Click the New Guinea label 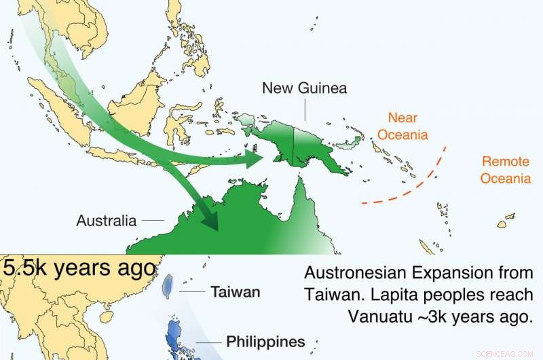[x=305, y=88]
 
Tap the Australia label [x=107, y=221]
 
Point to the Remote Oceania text [x=506, y=170]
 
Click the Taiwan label [x=236, y=292]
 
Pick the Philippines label [x=265, y=341]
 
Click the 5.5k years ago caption [x=79, y=267]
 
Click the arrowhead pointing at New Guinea [x=255, y=158]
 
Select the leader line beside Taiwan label [x=193, y=292]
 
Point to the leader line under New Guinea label [x=305, y=109]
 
